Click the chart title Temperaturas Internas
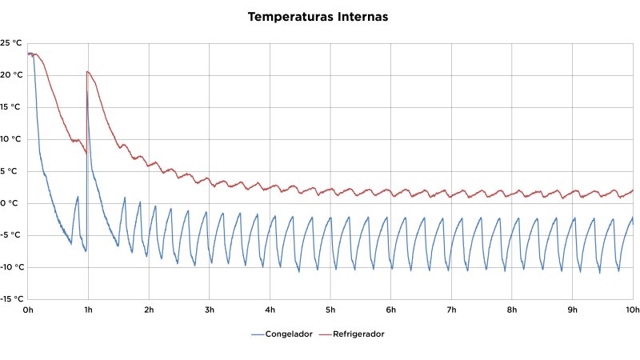318,17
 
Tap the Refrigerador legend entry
352,334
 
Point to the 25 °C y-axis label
11,43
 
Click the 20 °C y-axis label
11,75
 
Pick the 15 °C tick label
11,107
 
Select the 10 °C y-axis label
11,139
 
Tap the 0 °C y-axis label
13,203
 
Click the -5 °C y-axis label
11,235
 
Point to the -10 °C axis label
10,267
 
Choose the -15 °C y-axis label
10,299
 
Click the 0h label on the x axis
28,310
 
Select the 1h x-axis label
88,310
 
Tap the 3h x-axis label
209,310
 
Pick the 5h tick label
330,310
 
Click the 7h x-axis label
451,310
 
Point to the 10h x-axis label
631,310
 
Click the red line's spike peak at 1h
87,72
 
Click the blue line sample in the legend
258,334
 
